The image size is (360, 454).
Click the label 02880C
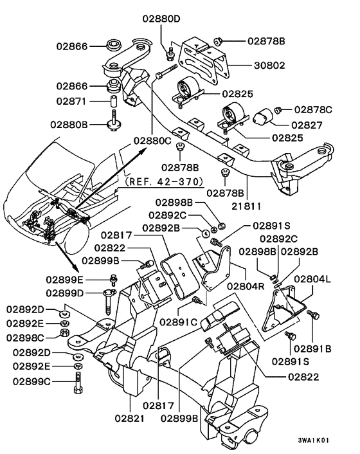[x=153, y=140]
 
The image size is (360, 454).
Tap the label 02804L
[x=312, y=280]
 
